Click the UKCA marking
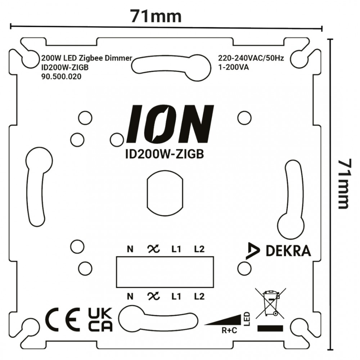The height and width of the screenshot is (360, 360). point(100,319)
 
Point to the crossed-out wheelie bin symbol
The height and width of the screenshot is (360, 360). point(270,303)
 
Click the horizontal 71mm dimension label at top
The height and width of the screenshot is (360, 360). point(156,16)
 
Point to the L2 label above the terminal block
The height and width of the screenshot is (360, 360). point(199,249)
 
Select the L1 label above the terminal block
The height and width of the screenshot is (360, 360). point(176,249)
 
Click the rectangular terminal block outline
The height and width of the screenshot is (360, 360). point(165,272)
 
